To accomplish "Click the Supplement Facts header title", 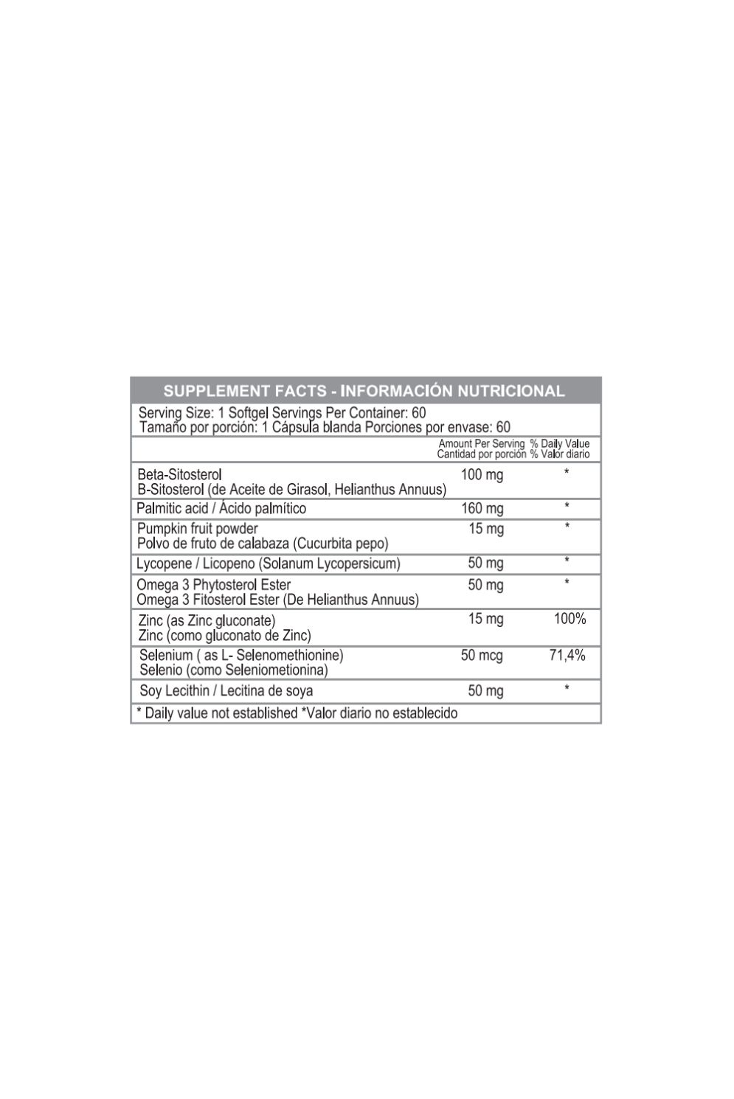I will [x=364, y=391].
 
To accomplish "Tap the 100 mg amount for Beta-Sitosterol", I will [x=482, y=475].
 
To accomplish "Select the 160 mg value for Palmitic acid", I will [x=482, y=508].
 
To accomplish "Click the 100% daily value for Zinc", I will [x=569, y=619].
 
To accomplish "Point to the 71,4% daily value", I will [x=567, y=655].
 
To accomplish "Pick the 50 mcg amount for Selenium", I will [x=482, y=655].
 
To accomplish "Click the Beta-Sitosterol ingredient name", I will [x=179, y=474].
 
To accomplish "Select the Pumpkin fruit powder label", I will [x=198, y=529].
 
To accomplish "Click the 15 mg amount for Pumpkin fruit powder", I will [x=486, y=529].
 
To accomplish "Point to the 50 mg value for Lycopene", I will [x=485, y=564].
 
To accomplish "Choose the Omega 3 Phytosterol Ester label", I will [x=214, y=586].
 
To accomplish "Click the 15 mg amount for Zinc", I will [x=485, y=619].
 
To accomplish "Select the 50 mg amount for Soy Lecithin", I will [x=485, y=691].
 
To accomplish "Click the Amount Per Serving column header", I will [x=481, y=444].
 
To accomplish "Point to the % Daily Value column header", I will [x=559, y=444].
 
